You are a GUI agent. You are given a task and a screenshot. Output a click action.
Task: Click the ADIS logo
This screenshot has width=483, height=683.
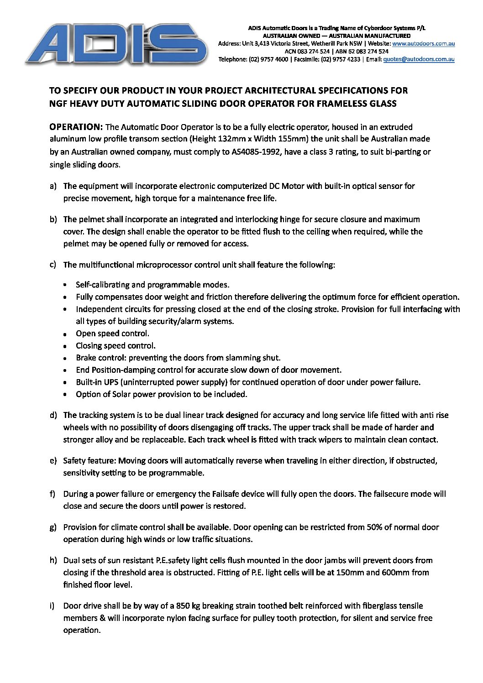pos(116,44)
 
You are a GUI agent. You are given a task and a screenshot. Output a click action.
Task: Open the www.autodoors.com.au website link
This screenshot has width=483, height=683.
pos(423,44)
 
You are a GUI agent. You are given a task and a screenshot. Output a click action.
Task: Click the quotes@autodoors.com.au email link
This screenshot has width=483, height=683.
pos(419,59)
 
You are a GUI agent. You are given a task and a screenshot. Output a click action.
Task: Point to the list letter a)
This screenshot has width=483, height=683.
pos(53,186)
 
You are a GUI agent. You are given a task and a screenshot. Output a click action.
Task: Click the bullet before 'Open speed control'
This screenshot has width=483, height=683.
pos(66,334)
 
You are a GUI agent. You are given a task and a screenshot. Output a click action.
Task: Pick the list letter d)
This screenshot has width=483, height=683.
pos(53,415)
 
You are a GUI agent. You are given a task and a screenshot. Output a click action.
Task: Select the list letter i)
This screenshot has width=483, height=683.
pos(52,606)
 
